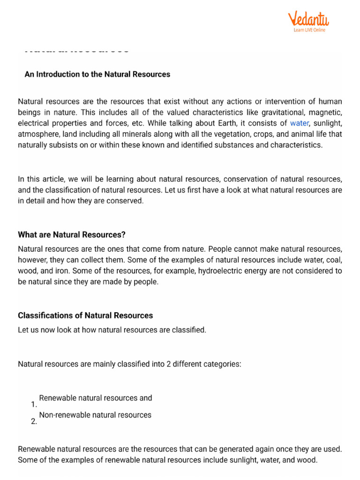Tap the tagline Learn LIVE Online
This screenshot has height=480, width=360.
[309, 30]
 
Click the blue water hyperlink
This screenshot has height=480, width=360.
[300, 123]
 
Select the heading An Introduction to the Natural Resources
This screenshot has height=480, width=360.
[97, 74]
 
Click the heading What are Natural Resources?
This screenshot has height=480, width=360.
[72, 234]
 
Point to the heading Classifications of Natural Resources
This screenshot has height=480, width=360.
[85, 315]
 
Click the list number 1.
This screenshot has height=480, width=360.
[33, 405]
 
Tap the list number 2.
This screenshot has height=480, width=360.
[33, 421]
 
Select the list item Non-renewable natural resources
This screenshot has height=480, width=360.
[95, 415]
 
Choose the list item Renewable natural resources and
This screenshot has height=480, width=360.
[96, 398]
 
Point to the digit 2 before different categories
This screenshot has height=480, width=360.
[168, 364]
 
